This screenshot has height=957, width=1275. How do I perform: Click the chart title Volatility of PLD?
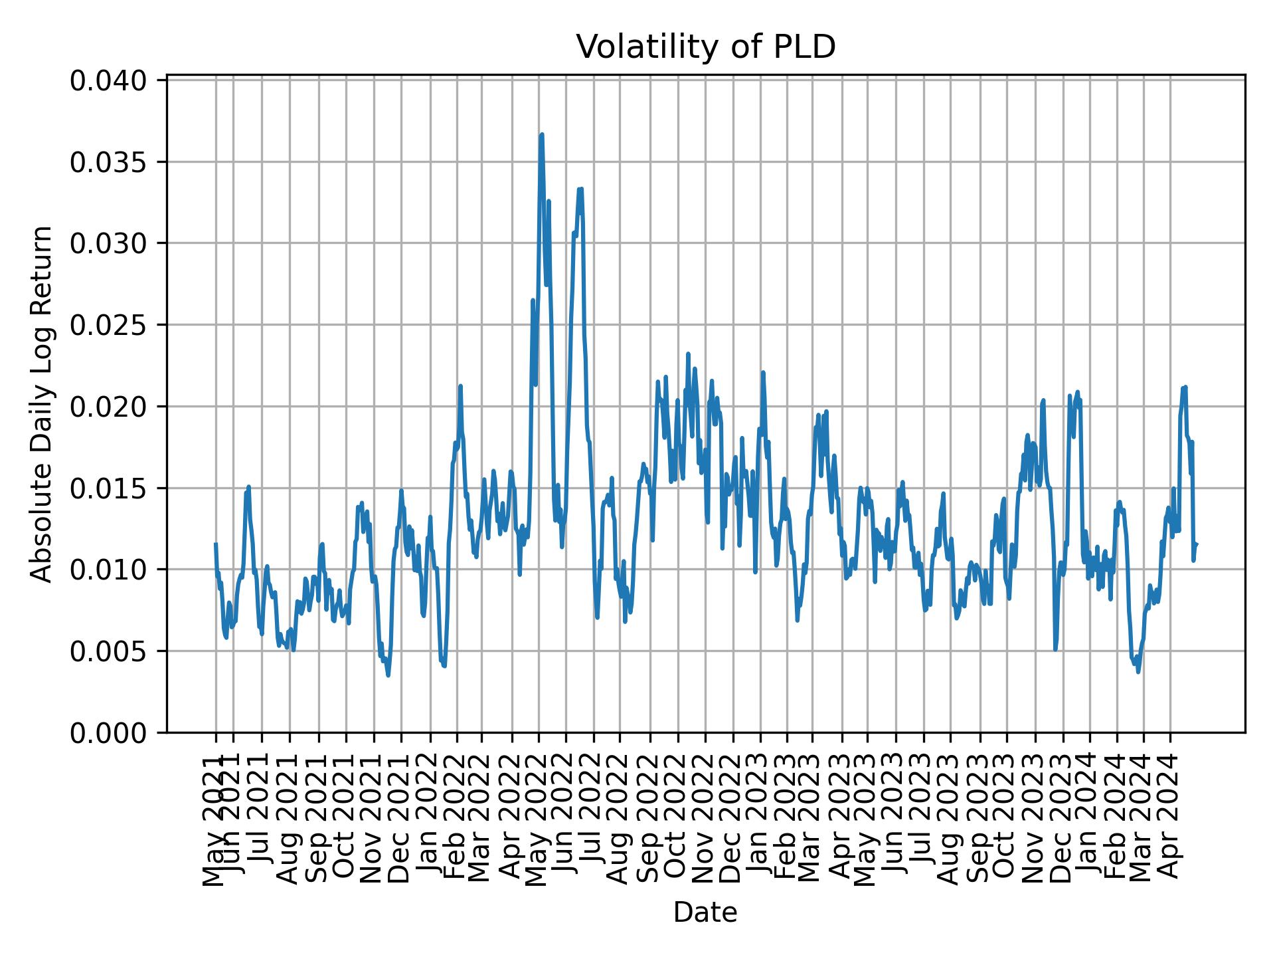click(x=705, y=47)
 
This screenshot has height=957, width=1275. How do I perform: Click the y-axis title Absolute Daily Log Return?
click(x=42, y=403)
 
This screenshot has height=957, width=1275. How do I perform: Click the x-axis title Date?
click(x=705, y=912)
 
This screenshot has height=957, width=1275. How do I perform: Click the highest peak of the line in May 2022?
click(x=542, y=134)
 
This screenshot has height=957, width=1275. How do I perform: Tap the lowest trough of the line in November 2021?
click(x=388, y=676)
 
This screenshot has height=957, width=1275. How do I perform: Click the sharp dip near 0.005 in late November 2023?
click(x=1055, y=649)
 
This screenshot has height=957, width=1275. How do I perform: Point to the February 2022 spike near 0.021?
click(x=460, y=385)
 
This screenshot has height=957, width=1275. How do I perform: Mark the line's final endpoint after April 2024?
click(x=1196, y=544)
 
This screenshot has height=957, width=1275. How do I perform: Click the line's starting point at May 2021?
click(x=215, y=544)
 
